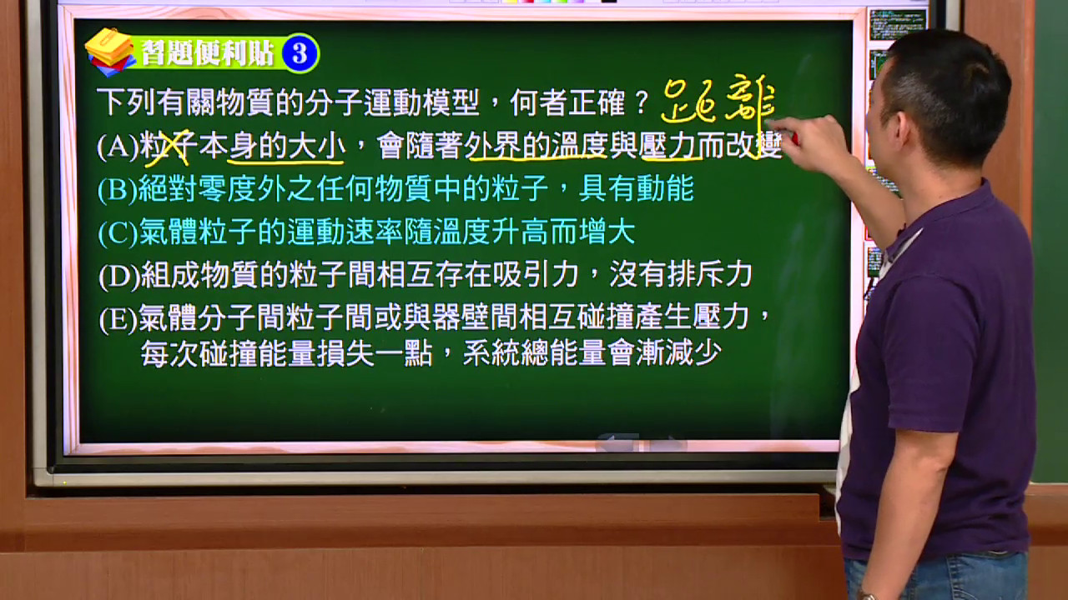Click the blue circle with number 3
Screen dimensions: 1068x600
click(300, 53)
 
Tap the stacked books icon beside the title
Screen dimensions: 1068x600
click(110, 52)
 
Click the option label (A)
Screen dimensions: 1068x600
click(118, 147)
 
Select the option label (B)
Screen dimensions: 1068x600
click(118, 189)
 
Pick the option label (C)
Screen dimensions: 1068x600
click(118, 232)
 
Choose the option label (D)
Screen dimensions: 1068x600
click(119, 276)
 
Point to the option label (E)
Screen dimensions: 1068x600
click(118, 319)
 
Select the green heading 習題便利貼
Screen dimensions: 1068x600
click(208, 52)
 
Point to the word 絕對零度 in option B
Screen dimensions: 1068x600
click(197, 189)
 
